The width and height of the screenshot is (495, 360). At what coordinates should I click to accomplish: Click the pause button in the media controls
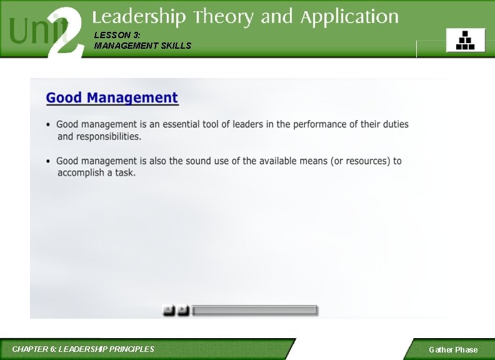click(x=168, y=309)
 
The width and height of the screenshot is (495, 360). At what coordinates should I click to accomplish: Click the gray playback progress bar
click(x=255, y=310)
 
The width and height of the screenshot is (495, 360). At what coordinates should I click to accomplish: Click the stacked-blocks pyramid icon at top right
click(x=464, y=40)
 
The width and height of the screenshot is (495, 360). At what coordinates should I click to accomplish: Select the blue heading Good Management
click(x=112, y=98)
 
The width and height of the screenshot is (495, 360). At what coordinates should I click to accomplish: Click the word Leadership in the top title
click(x=139, y=17)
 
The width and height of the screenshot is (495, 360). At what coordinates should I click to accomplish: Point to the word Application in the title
click(x=349, y=17)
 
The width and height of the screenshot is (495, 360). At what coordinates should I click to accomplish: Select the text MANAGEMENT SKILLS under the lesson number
click(x=142, y=46)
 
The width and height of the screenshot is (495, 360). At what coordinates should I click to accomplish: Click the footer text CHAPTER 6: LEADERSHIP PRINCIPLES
click(x=83, y=349)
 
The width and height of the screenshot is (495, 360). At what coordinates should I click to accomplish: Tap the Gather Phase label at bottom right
click(x=452, y=350)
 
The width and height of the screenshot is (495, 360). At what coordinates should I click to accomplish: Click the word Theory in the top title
click(x=224, y=17)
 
